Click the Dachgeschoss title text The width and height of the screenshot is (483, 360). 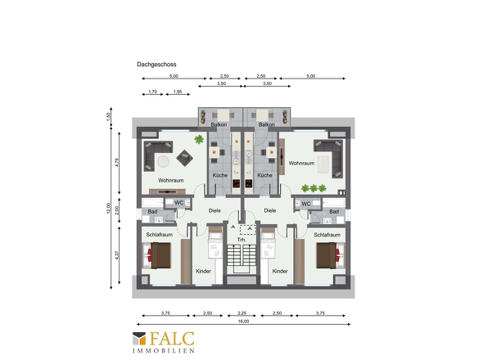pos(156,65)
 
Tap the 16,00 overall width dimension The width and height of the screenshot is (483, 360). pos(243,322)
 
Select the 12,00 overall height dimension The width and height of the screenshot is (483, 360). pos(108,208)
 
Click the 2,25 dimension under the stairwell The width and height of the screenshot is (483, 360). pos(242,313)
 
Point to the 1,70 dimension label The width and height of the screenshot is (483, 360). pos(153,92)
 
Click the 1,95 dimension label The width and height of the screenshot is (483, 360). pos(178,92)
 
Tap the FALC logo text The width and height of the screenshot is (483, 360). pos(172,339)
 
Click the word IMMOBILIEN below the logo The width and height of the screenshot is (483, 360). pos(164,350)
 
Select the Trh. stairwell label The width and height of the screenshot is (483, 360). pos(241,240)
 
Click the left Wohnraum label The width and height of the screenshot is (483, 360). pos(170,181)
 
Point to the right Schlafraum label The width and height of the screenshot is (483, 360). pos(327,235)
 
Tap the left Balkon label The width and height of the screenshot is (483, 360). pos(219,124)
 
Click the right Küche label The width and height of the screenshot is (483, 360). pos(264,175)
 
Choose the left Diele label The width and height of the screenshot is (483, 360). pos(214,210)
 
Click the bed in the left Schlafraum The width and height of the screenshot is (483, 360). pos(156,255)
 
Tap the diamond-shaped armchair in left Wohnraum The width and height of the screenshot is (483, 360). pos(184,158)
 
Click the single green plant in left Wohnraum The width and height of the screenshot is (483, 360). pos(199,140)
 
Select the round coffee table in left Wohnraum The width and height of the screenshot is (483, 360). pos(163,161)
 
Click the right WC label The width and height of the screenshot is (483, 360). pos(306,204)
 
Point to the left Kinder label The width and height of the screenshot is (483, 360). pos(203,271)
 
